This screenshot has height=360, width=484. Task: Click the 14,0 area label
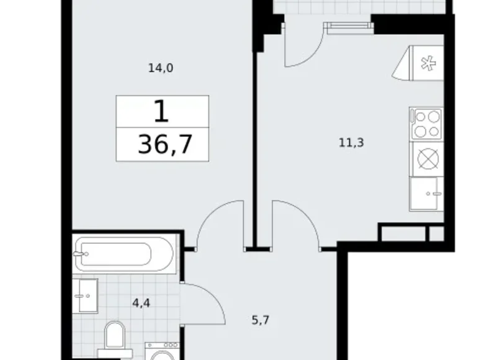point(160,69)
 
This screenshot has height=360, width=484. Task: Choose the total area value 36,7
point(164,145)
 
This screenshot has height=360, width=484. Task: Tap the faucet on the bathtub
point(80,253)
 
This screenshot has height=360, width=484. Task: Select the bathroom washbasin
point(85,295)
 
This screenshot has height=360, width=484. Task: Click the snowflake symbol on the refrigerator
point(427,63)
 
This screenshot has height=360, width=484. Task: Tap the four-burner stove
point(427,123)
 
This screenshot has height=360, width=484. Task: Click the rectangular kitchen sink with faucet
point(428,194)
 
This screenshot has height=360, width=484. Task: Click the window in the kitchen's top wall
point(348,26)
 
